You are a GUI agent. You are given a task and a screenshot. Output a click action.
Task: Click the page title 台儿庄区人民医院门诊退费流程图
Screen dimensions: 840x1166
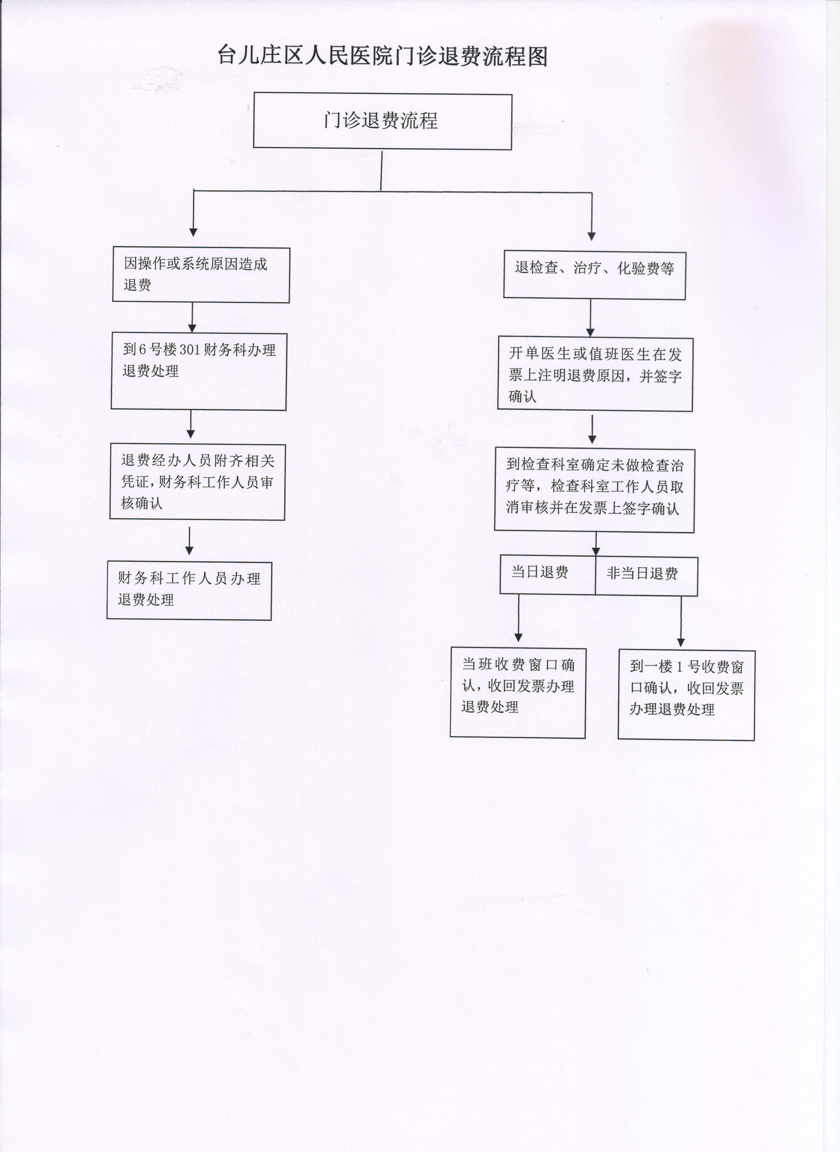(x=382, y=56)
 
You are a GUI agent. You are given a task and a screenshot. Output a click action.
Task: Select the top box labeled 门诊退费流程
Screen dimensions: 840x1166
(x=382, y=121)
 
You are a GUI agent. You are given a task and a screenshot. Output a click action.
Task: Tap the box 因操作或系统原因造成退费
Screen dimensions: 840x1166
(x=201, y=275)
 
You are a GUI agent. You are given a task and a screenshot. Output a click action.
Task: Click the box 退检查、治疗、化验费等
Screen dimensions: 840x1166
(x=594, y=275)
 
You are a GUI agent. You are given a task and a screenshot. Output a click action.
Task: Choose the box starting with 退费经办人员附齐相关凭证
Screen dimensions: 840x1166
(x=197, y=482)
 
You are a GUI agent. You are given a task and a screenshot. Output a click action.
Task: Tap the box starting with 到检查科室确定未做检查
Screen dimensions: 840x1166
(x=594, y=490)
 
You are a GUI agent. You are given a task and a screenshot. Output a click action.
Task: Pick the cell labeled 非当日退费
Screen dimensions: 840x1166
(x=646, y=576)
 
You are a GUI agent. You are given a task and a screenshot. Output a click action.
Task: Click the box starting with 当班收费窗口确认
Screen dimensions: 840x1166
(x=518, y=693)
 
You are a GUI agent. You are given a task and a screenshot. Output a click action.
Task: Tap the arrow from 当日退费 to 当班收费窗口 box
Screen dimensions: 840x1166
(x=518, y=618)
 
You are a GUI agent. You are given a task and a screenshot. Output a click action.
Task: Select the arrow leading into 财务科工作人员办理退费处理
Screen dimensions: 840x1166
(x=190, y=541)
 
